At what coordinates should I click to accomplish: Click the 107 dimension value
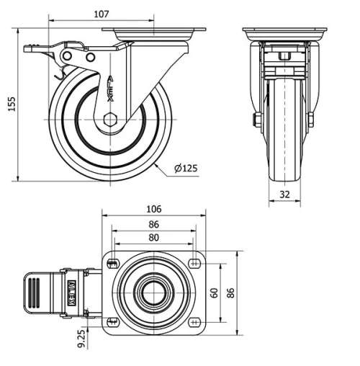[102, 14]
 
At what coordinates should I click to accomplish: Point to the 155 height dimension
[11, 104]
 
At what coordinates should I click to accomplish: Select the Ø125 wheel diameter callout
[186, 169]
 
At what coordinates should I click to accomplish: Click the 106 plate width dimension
[153, 210]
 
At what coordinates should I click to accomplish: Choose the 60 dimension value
[213, 293]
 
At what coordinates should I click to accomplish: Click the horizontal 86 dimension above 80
[153, 225]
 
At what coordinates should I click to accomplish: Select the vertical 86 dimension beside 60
[231, 293]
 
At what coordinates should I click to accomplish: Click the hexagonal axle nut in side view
[109, 120]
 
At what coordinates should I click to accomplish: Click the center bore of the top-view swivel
[153, 293]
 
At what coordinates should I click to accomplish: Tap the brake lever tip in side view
[30, 50]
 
